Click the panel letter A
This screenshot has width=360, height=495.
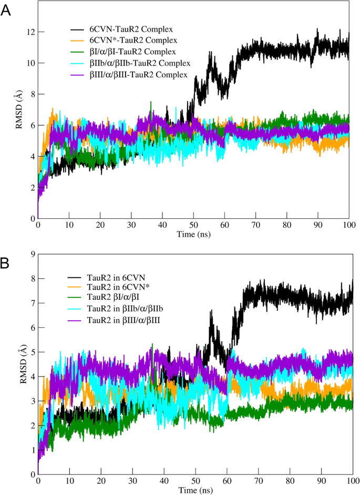point(6,10)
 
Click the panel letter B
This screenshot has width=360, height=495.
point(6,262)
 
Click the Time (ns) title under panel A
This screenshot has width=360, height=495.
point(193,234)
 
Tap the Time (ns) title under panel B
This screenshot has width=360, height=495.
point(193,490)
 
